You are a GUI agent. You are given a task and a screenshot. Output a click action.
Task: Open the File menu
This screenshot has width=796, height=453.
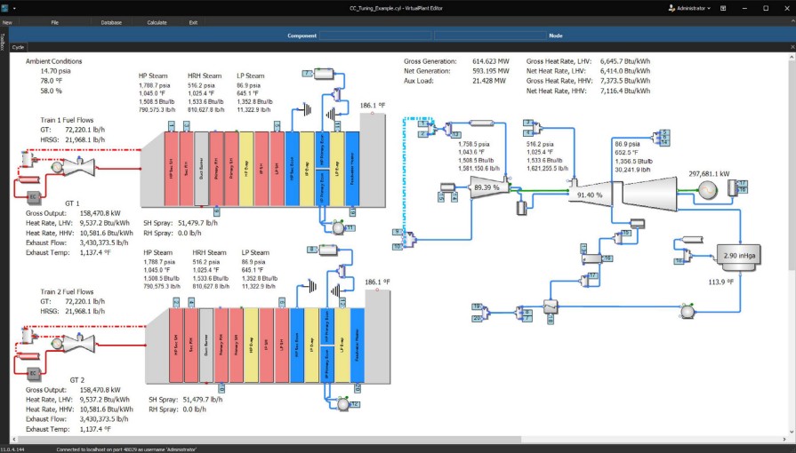pyautogui.click(x=55, y=21)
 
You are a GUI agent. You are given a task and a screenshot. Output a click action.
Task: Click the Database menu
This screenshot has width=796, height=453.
pyautogui.click(x=111, y=21)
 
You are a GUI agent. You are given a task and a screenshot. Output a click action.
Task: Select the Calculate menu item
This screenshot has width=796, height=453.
pyautogui.click(x=157, y=21)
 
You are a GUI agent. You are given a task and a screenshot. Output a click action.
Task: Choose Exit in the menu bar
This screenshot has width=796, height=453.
pyautogui.click(x=193, y=21)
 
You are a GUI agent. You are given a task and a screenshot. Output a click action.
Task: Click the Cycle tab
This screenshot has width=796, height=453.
pyautogui.click(x=18, y=46)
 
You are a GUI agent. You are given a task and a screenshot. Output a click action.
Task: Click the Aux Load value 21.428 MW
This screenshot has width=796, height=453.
pyautogui.click(x=489, y=81)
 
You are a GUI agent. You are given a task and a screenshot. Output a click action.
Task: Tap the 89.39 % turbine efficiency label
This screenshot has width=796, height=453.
pyautogui.click(x=486, y=187)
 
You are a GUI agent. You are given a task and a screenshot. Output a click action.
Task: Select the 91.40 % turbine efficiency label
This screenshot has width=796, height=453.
pyautogui.click(x=590, y=195)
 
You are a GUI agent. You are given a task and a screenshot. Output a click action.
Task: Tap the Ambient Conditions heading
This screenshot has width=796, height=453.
pyautogui.click(x=53, y=61)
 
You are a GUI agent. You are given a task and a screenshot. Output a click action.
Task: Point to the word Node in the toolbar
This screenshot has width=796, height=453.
pyautogui.click(x=556, y=35)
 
